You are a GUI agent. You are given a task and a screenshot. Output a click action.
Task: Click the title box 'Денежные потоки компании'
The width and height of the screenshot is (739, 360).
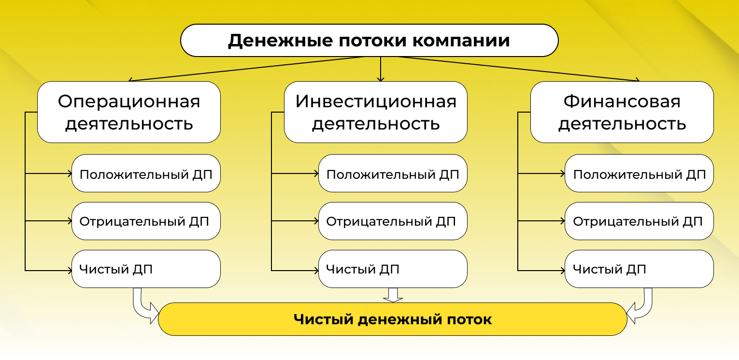tap(369, 41)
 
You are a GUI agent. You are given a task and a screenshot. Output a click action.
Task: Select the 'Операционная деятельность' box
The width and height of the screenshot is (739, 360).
tap(129, 112)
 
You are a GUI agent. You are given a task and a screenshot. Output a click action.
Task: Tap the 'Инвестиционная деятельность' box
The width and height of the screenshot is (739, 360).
tap(375, 112)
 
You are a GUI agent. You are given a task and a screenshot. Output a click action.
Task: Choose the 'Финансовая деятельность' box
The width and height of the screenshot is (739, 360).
tap(622, 112)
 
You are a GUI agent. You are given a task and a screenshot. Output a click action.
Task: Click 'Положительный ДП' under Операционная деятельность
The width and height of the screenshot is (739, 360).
tap(146, 173)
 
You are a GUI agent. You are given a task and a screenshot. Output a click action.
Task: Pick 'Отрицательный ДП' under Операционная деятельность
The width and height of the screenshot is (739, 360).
tap(146, 221)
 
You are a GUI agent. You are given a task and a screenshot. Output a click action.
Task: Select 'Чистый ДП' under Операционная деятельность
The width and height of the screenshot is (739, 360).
tap(146, 269)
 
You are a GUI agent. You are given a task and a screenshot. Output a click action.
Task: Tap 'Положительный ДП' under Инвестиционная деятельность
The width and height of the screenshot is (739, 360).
tap(393, 173)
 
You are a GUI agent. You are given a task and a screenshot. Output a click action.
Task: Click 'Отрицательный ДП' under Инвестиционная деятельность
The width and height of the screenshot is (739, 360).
tap(393, 221)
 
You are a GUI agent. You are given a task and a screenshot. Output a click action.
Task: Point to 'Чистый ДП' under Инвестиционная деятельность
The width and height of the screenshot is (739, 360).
tap(393, 269)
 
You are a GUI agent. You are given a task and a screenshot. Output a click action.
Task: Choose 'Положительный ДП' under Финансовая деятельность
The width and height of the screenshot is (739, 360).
tap(639, 173)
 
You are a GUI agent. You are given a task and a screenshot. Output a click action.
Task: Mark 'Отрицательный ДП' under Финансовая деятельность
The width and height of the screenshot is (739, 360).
tap(639, 221)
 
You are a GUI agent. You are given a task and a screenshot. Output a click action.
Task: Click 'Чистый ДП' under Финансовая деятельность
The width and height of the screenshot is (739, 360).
tap(639, 269)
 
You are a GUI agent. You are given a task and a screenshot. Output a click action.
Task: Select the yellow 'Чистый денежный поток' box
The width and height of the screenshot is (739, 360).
tap(392, 319)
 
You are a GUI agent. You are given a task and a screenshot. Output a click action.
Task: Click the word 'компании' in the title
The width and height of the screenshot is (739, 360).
tap(461, 41)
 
